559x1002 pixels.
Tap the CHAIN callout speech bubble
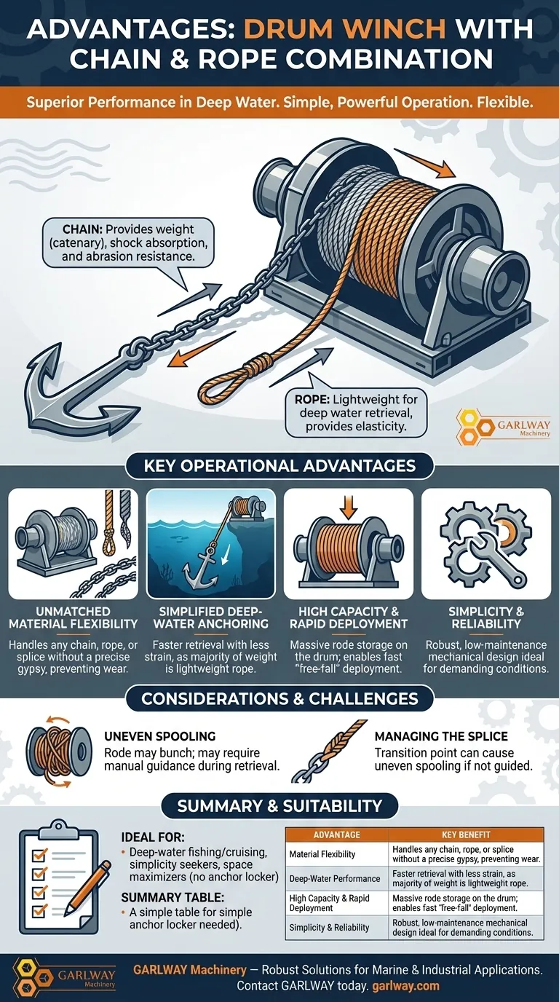(x=128, y=243)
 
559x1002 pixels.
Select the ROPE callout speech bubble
(x=355, y=411)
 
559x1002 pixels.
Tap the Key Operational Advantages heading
(x=280, y=465)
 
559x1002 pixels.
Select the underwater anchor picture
(x=211, y=543)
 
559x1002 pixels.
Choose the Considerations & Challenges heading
(x=280, y=699)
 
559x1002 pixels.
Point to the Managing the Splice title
(x=441, y=736)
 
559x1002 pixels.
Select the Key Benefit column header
(x=466, y=835)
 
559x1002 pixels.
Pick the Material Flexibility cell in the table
(x=322, y=854)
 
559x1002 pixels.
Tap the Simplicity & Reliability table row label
(x=329, y=927)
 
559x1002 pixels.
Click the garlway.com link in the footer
(x=405, y=985)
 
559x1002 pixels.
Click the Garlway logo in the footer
(x=64, y=977)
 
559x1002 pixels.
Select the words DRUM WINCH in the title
(x=345, y=31)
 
